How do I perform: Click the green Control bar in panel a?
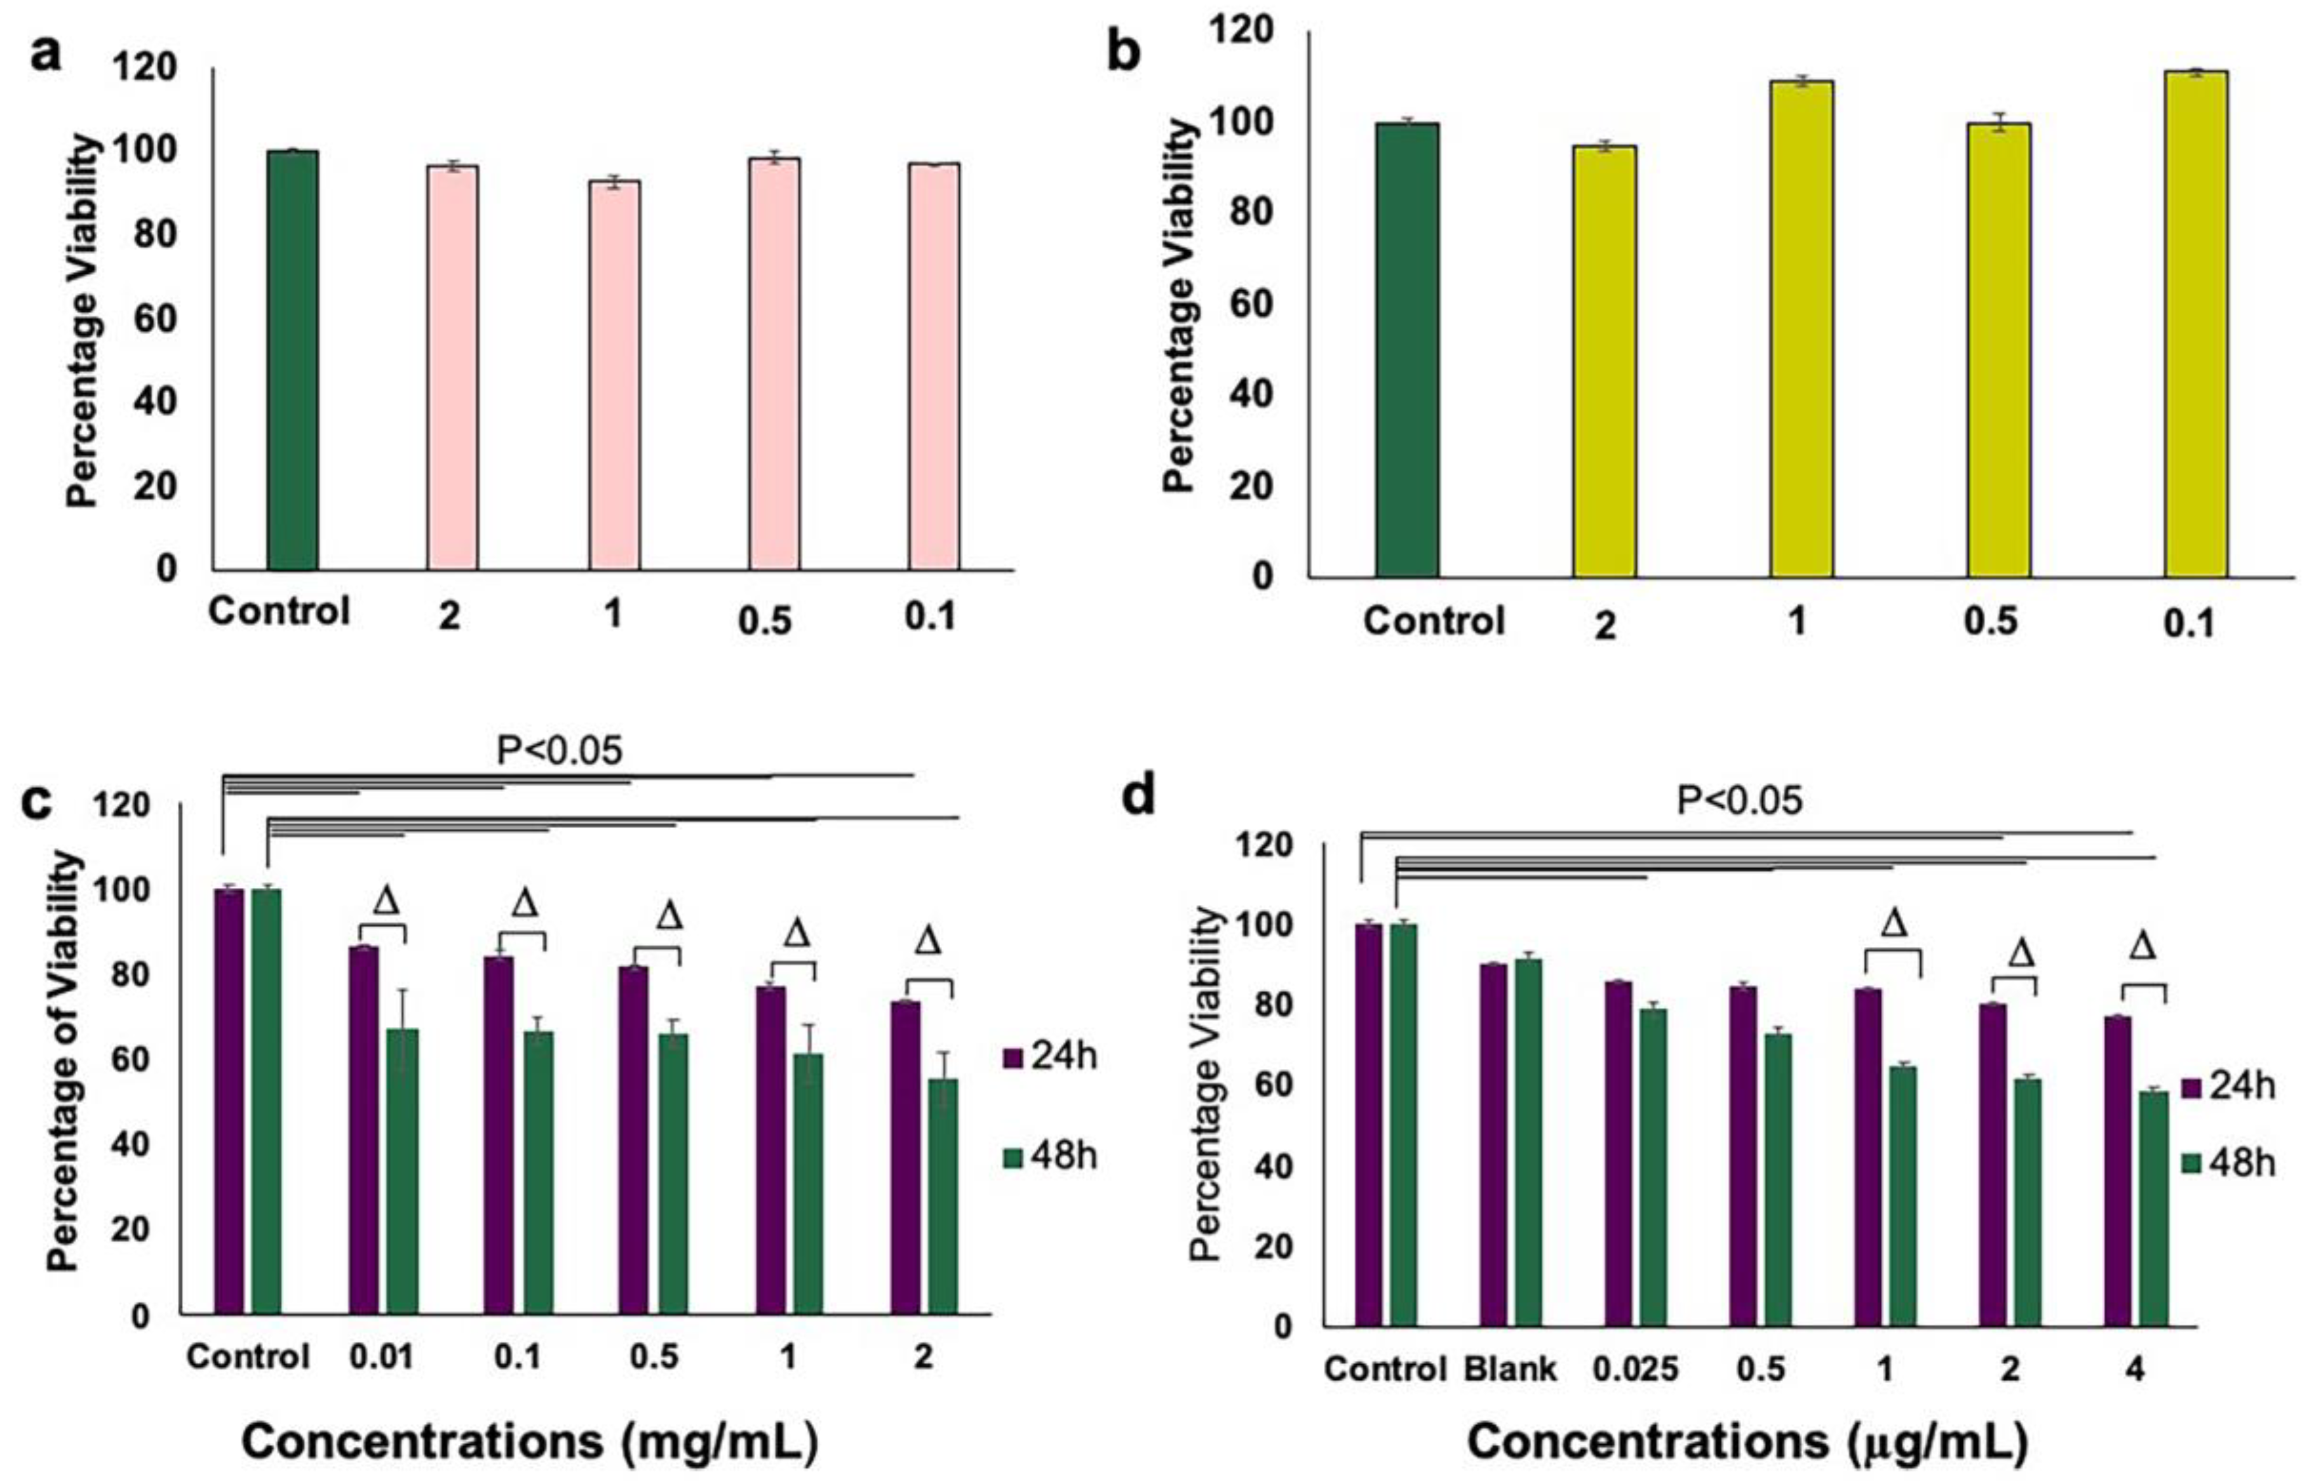(x=292, y=361)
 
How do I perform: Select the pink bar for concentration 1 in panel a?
(x=614, y=375)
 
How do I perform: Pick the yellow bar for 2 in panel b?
(x=1605, y=361)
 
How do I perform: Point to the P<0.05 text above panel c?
(x=560, y=751)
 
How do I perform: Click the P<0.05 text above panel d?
(x=1739, y=800)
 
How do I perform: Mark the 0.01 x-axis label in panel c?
(x=382, y=1357)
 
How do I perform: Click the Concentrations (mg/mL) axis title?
(x=529, y=1440)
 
